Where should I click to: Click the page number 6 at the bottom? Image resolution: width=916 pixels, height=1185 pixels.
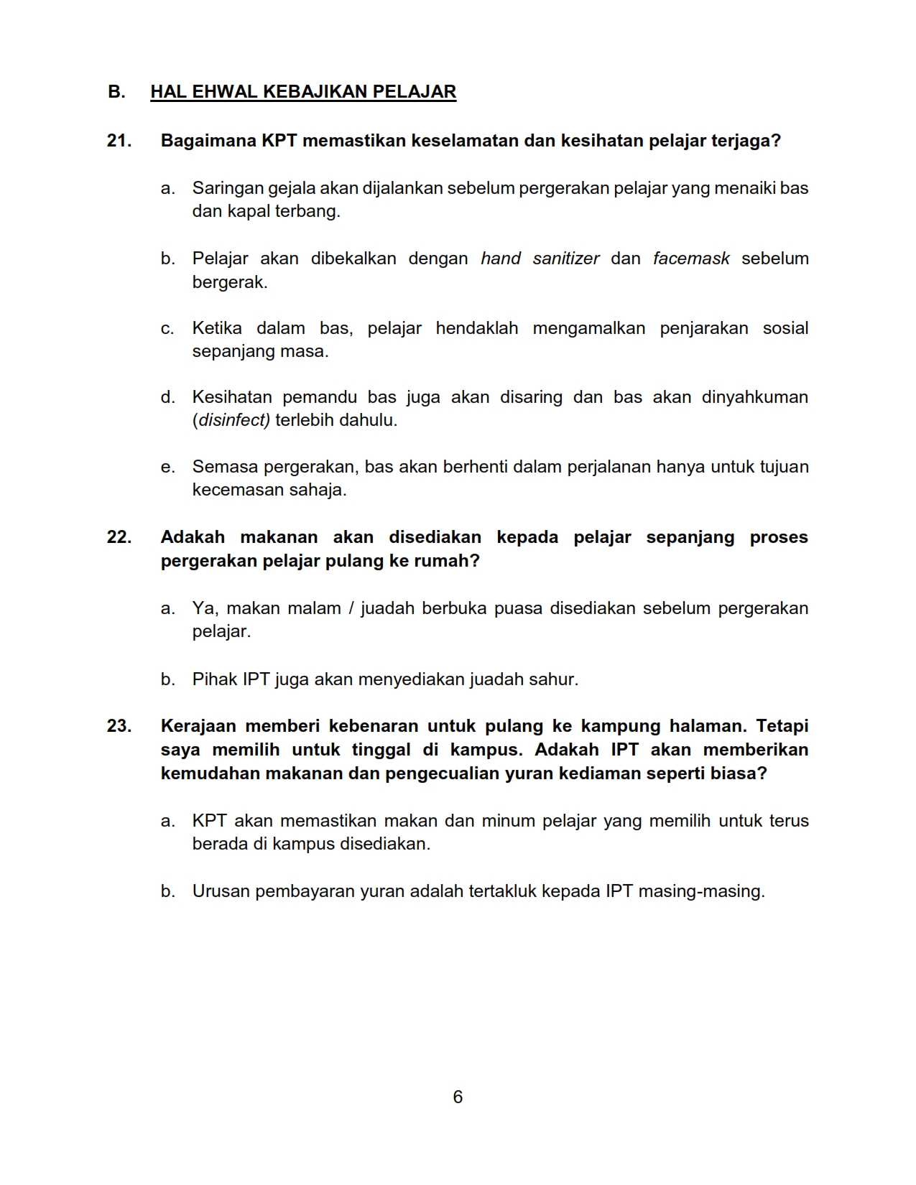(x=458, y=1097)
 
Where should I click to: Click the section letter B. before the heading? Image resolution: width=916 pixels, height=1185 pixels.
(x=116, y=92)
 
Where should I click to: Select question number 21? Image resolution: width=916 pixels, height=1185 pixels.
(x=119, y=141)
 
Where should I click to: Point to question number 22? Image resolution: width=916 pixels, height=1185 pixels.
(x=119, y=537)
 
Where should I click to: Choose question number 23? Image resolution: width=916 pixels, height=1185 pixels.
(x=119, y=726)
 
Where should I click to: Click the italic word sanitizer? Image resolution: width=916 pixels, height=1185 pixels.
(x=565, y=259)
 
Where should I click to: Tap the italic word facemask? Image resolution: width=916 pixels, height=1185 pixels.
(x=691, y=259)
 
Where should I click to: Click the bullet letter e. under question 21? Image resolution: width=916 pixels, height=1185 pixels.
(x=167, y=468)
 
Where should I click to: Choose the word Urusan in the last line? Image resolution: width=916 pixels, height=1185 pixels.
(x=221, y=891)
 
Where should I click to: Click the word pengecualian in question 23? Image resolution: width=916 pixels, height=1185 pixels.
(x=441, y=773)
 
